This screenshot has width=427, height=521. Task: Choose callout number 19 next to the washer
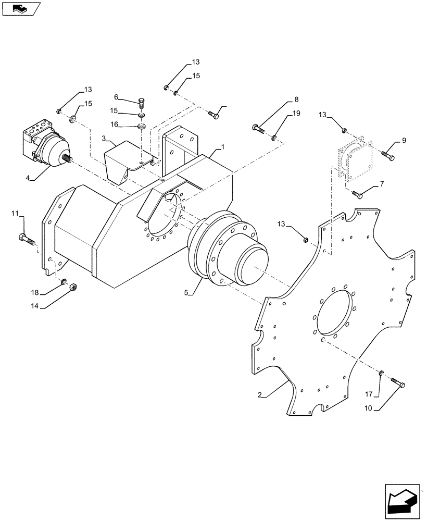pyautogui.click(x=296, y=113)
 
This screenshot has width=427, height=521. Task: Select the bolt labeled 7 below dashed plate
pyautogui.click(x=359, y=195)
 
